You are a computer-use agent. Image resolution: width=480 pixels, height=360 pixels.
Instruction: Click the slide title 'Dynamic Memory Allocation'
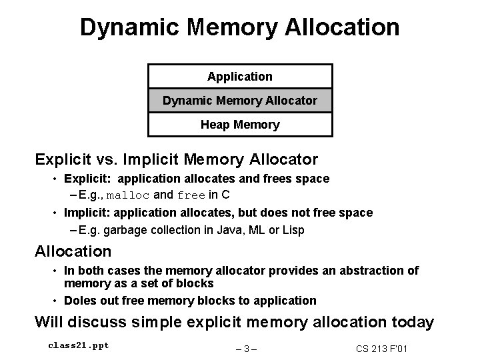(240, 27)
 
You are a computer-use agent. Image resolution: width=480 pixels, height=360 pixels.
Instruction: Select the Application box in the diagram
(240, 77)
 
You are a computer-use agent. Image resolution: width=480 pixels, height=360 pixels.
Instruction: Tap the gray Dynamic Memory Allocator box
(240, 101)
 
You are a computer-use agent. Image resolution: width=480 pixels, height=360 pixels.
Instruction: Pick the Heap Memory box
(240, 125)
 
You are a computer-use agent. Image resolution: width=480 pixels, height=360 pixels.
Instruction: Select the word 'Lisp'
(292, 230)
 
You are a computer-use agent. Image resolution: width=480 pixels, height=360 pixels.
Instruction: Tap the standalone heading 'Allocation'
(73, 251)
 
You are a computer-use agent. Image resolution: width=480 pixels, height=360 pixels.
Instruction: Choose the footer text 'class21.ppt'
(79, 345)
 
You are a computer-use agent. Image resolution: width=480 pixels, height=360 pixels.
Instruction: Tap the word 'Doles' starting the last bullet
(79, 300)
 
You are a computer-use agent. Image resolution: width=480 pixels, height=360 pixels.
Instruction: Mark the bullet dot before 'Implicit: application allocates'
(56, 213)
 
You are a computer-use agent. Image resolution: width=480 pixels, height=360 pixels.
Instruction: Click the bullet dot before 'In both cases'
(56, 271)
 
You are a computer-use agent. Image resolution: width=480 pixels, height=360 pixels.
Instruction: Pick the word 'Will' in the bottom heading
(49, 322)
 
